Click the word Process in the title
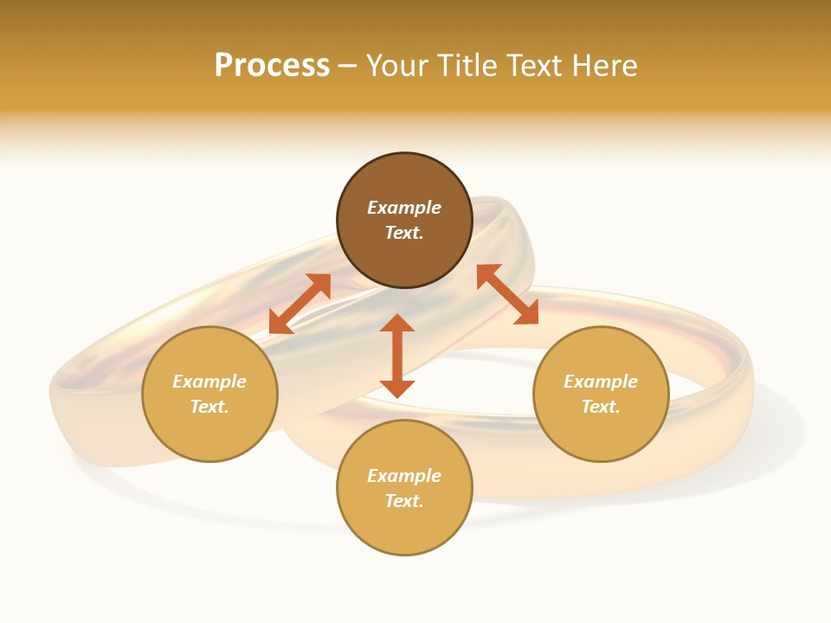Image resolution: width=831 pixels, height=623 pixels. [x=272, y=65]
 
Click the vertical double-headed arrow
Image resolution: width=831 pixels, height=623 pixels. [x=397, y=356]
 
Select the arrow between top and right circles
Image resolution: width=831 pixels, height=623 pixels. [x=508, y=294]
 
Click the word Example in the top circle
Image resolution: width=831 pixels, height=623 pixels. [x=404, y=208]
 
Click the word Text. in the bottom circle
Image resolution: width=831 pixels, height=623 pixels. [x=404, y=501]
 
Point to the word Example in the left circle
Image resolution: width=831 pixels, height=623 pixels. [x=209, y=382]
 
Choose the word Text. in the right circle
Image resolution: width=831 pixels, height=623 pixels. [x=601, y=407]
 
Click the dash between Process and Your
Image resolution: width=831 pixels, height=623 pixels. [x=347, y=66]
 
